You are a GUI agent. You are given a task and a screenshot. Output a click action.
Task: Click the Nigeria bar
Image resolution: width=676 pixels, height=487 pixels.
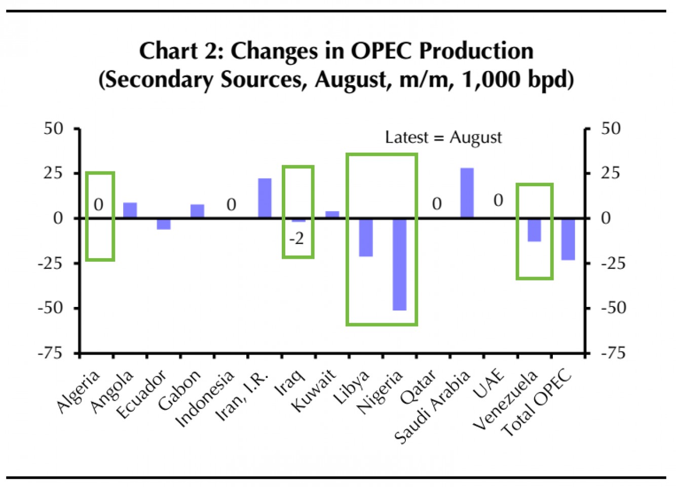(x=399, y=264)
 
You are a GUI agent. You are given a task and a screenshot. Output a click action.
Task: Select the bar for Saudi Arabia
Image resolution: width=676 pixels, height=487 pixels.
(x=467, y=193)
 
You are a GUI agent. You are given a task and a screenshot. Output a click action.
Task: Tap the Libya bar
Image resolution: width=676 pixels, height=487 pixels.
(x=366, y=237)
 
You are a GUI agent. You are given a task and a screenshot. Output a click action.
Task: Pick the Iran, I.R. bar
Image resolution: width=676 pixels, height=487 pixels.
(x=265, y=198)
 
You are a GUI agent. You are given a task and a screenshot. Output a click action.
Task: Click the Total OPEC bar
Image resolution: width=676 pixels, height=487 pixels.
(x=568, y=239)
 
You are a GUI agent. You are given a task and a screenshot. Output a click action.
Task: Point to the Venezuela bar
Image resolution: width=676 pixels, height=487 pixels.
(x=534, y=230)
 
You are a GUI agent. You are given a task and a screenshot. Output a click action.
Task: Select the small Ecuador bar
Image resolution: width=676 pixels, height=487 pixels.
(x=164, y=224)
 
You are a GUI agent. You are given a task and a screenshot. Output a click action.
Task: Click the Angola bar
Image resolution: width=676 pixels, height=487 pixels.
(x=130, y=210)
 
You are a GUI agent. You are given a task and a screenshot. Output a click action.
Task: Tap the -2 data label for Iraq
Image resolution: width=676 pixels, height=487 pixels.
(x=296, y=238)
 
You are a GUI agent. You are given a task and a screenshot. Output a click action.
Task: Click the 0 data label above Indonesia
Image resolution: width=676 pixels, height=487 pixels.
(x=231, y=204)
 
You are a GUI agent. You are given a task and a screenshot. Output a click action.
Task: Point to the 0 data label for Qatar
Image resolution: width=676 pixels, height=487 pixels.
(x=436, y=204)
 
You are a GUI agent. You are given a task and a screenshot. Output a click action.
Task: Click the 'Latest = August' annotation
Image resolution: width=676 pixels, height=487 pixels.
(x=443, y=137)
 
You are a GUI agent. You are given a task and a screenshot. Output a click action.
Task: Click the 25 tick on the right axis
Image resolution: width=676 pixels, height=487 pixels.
(x=610, y=173)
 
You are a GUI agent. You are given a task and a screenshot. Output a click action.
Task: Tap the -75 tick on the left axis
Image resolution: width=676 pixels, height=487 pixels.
(x=51, y=353)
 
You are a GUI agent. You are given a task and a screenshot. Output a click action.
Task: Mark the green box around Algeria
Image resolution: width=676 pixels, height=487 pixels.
(x=100, y=173)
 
